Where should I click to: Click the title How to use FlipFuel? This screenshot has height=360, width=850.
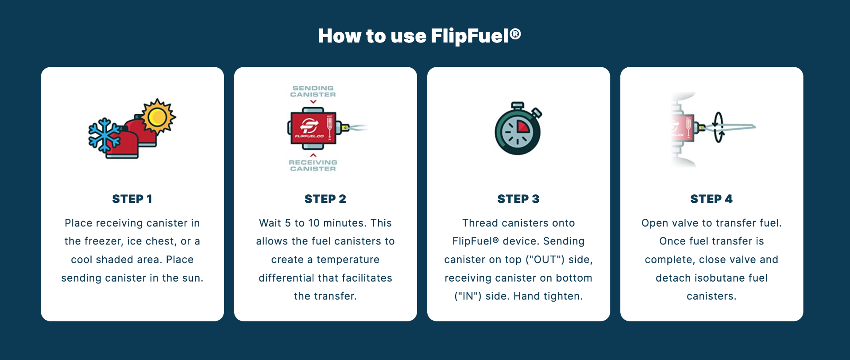pyautogui.click(x=419, y=36)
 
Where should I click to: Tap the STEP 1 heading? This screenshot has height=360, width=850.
pyautogui.click(x=132, y=199)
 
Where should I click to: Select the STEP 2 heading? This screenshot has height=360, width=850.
pyautogui.click(x=325, y=199)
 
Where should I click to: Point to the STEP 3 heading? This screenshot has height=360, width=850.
pyautogui.click(x=518, y=199)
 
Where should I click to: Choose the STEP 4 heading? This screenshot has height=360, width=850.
pyautogui.click(x=711, y=199)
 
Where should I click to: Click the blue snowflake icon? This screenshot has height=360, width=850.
pyautogui.click(x=104, y=135)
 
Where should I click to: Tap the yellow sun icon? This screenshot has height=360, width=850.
pyautogui.click(x=158, y=117)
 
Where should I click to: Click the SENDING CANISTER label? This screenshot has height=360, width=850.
pyautogui.click(x=313, y=91)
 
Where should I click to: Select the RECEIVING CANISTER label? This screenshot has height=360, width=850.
pyautogui.click(x=313, y=165)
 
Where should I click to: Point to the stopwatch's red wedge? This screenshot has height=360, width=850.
pyautogui.click(x=523, y=127)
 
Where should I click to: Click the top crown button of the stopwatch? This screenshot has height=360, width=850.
pyautogui.click(x=518, y=106)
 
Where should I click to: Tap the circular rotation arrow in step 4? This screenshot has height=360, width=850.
pyautogui.click(x=719, y=127)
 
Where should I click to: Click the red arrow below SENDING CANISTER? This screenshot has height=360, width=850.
pyautogui.click(x=313, y=102)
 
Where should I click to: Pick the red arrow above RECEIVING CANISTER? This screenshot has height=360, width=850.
pyautogui.click(x=313, y=155)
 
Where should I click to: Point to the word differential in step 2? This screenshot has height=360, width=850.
pyautogui.click(x=286, y=278)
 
